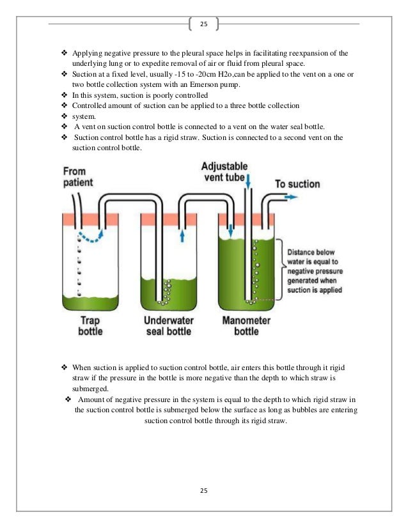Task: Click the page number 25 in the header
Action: point(204,24)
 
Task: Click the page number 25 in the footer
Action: point(204,490)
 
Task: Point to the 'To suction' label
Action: point(297,184)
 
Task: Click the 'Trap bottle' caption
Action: point(90,326)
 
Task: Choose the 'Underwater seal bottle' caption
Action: point(169,326)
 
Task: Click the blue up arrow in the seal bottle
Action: point(182,236)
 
